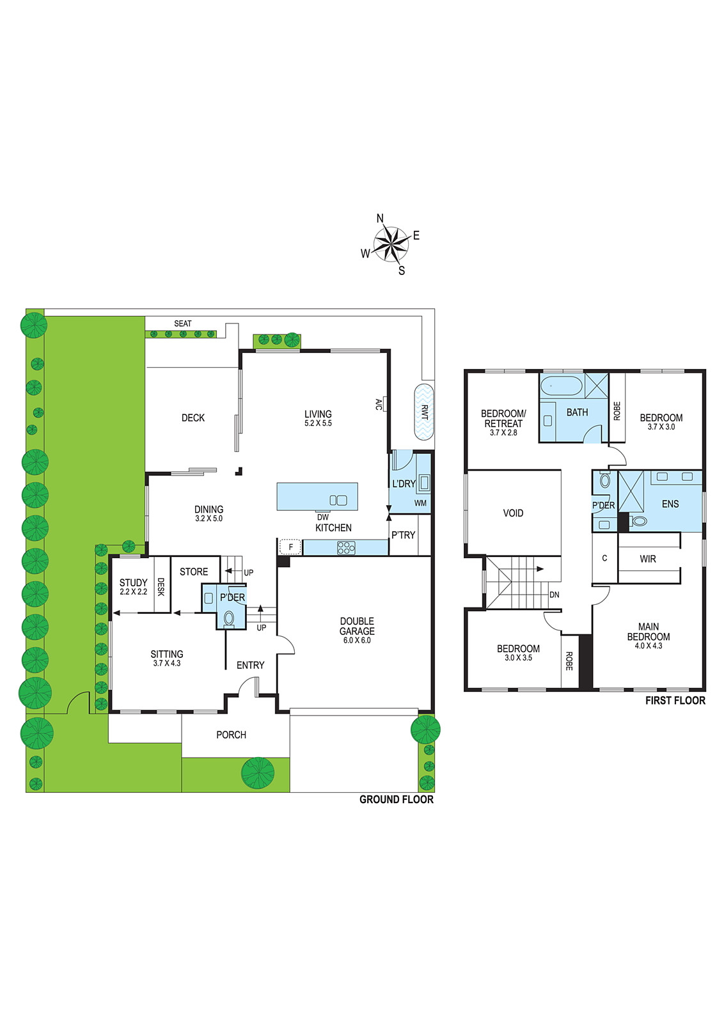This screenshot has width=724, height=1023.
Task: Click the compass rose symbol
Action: (x=391, y=244)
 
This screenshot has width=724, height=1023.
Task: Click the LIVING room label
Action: (x=318, y=414)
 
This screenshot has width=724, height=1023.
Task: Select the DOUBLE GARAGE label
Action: (x=357, y=626)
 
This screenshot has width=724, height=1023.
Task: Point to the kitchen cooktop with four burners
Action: (x=346, y=547)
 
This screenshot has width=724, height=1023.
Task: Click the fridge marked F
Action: (x=290, y=546)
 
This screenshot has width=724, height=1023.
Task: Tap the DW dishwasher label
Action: (x=322, y=517)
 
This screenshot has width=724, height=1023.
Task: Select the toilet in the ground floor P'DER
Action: (x=229, y=620)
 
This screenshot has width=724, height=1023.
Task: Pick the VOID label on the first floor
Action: (x=513, y=513)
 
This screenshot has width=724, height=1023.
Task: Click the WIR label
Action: (x=648, y=559)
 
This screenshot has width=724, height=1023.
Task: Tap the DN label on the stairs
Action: (x=554, y=595)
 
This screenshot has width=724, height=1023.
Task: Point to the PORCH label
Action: (x=231, y=735)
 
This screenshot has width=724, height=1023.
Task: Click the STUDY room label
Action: (x=134, y=582)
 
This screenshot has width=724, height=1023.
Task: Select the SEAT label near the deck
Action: (x=183, y=324)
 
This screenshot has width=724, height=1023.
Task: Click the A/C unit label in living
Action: (x=379, y=404)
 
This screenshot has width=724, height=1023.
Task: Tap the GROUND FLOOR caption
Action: (x=397, y=800)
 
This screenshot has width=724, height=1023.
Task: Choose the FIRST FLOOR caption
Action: (x=675, y=701)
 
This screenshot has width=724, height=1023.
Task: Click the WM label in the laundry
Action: (x=420, y=503)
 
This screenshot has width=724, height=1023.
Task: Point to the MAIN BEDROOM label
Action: (x=648, y=632)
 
